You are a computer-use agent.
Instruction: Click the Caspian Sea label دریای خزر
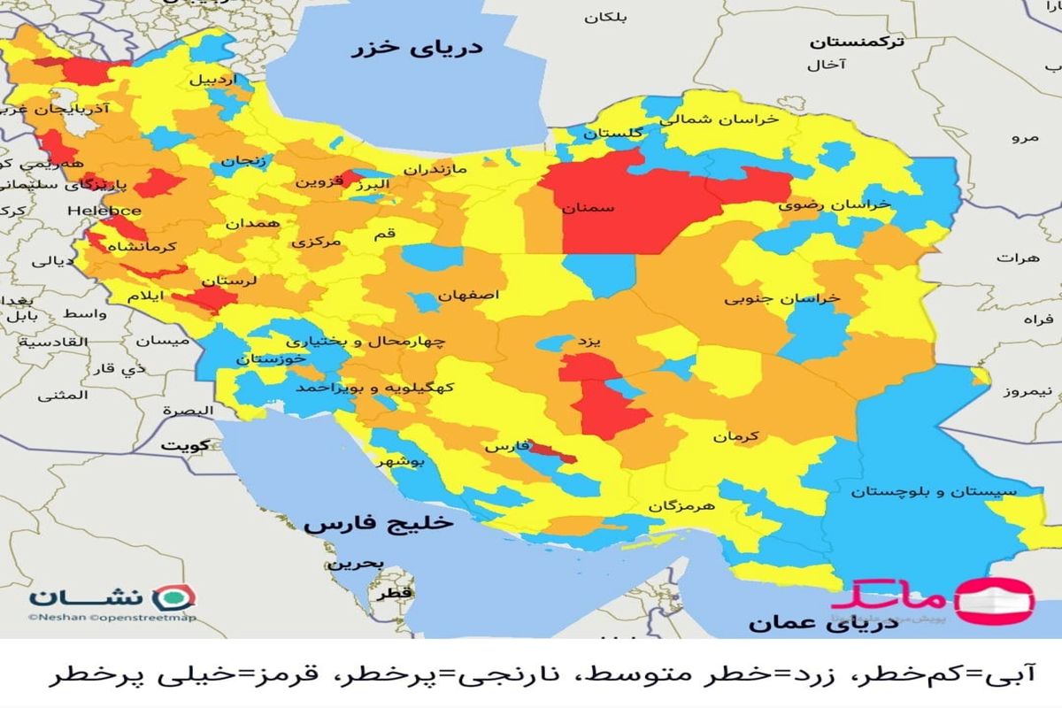pos(419,48)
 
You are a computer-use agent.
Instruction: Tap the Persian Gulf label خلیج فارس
pos(378,523)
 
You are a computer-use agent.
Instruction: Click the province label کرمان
pos(738,436)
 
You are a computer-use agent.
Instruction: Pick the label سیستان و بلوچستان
pos(934,491)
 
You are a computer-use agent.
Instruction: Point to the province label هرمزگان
pos(681,505)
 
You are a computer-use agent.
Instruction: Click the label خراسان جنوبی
pos(782,298)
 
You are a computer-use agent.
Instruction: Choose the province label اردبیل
pos(213,79)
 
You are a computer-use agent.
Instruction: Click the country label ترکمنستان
pos(858,42)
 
